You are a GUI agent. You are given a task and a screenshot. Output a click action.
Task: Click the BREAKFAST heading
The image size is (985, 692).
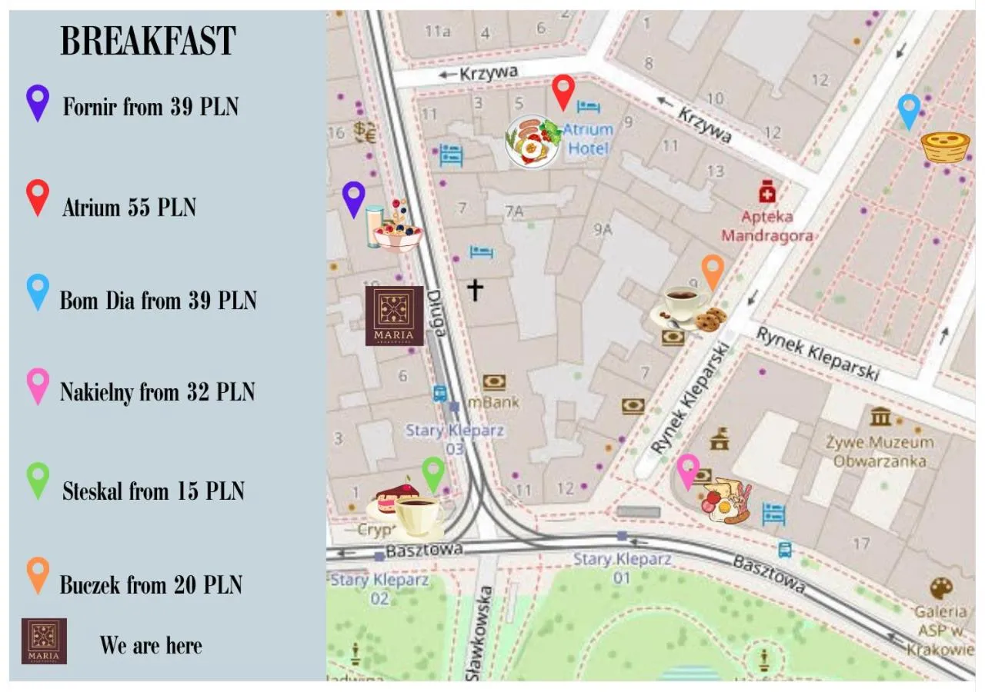pos(148,42)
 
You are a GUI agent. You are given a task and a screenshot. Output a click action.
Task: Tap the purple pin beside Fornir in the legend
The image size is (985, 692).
pos(38,102)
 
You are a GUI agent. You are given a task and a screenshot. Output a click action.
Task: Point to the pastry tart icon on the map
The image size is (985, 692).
pos(945,146)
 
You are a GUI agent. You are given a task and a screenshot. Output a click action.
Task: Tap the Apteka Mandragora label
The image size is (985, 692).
pos(767,226)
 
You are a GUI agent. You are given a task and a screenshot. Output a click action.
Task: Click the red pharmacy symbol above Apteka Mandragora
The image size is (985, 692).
pos(766,191)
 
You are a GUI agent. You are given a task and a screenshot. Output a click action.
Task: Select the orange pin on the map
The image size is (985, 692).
pos(713,272)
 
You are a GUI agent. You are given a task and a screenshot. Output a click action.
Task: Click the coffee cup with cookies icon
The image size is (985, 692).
pos(688,308)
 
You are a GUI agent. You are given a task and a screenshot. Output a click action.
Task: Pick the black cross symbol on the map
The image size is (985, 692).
pos(475,290)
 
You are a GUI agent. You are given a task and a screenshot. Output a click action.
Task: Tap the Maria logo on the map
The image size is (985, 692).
pos(394,315)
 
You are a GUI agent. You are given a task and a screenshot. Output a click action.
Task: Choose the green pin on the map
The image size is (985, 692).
pos(433,474)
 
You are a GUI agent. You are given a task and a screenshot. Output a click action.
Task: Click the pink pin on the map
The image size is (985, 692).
pos(687,471)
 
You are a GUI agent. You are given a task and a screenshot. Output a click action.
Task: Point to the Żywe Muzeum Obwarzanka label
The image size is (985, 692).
pos(880,451)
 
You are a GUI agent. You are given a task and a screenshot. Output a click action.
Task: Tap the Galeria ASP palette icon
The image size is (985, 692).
pos(940,588)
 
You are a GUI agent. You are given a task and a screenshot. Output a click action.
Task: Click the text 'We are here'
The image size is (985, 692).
pos(151,645)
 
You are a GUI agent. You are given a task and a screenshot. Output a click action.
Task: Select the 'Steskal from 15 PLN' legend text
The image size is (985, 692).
pos(153,491)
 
